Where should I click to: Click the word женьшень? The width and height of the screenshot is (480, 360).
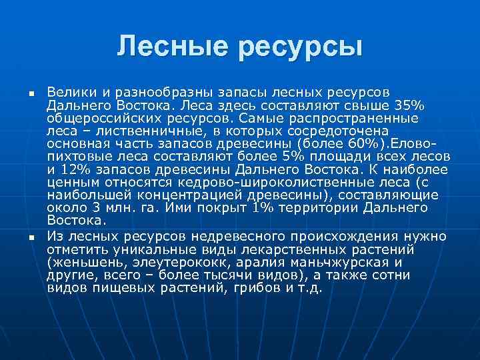(83, 263)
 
